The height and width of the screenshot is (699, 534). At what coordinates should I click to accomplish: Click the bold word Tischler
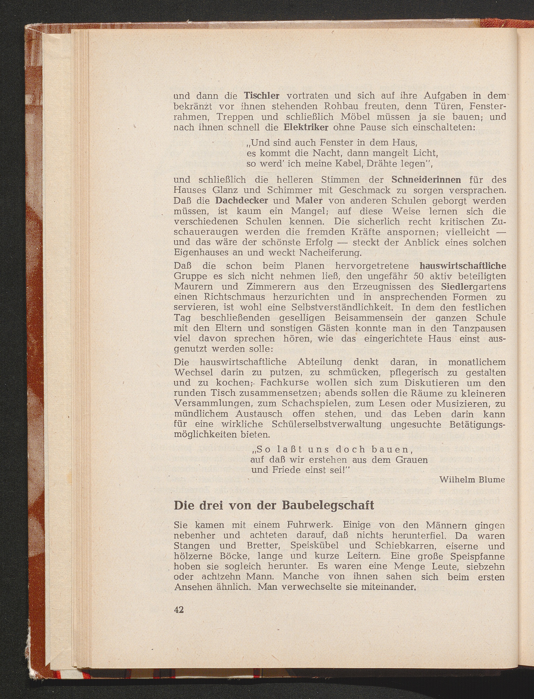[x=262, y=96]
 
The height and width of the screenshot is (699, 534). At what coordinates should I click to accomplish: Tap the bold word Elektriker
[x=306, y=127]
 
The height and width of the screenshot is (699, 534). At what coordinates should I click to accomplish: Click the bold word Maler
[x=309, y=201]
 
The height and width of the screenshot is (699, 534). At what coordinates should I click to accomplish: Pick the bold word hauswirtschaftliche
[x=462, y=266]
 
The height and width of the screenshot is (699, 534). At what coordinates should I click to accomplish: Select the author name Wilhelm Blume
[x=472, y=480]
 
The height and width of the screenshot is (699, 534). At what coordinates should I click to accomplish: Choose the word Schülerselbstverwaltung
[x=327, y=424]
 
